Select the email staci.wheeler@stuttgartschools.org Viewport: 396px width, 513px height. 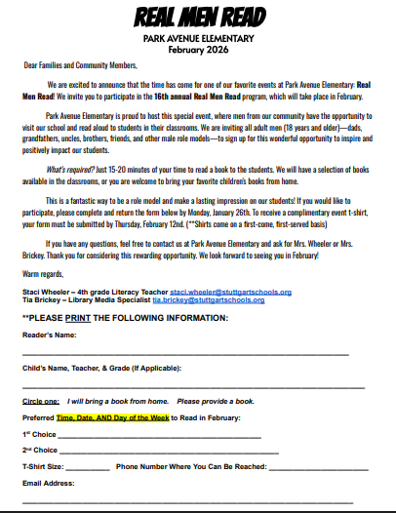(217, 291)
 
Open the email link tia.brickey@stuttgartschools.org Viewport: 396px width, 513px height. (208, 299)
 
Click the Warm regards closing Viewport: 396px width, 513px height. (44, 274)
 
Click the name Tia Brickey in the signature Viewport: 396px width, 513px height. (43, 299)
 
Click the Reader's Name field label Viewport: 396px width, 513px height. (50, 335)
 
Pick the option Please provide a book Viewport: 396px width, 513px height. (215, 401)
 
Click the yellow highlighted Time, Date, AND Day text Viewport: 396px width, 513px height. (113, 416)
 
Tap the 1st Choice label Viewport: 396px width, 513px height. (39, 433)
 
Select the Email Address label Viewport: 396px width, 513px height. (49, 483)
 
